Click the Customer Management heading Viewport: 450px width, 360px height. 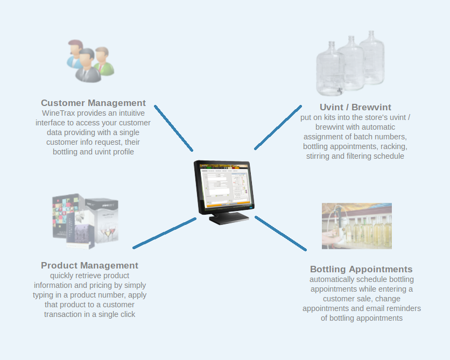pos(93,103)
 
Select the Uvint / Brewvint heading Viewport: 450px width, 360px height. pos(355,107)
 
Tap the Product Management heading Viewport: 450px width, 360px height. pos(89,265)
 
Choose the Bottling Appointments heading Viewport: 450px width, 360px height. pos(361,269)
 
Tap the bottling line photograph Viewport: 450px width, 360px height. pos(357,226)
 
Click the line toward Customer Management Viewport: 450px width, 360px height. pos(173,128)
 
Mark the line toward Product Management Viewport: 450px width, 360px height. pos(164,233)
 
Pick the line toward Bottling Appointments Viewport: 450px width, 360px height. pos(280,233)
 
